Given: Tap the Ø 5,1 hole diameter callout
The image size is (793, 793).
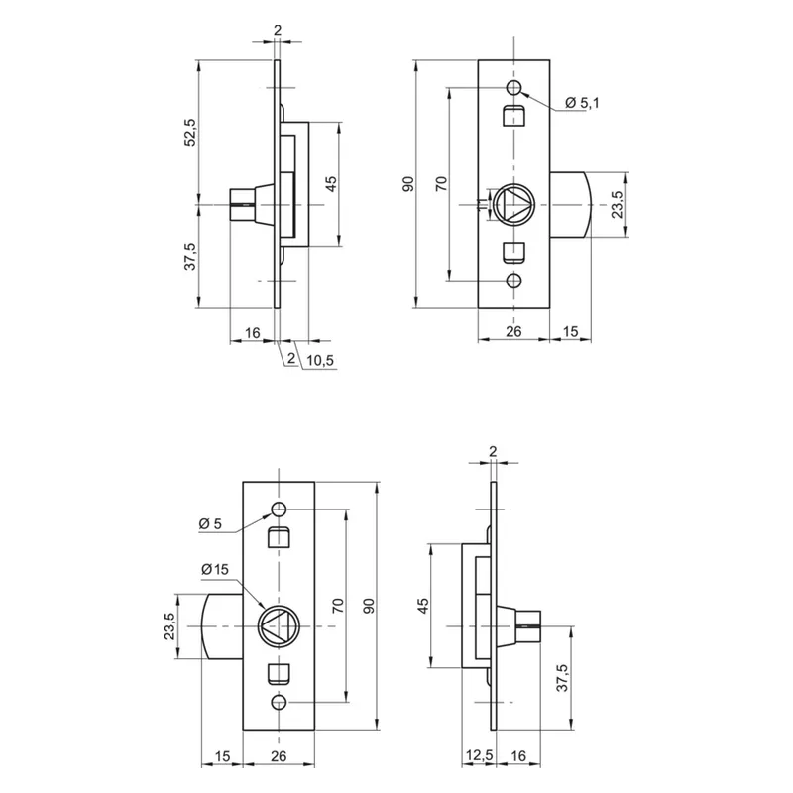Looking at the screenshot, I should pos(583,103).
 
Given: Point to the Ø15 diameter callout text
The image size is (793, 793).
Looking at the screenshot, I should pos(214,568).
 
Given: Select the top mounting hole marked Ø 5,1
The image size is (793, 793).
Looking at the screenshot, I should pos(513,86).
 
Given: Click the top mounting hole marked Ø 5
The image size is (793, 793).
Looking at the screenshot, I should pos(279,510).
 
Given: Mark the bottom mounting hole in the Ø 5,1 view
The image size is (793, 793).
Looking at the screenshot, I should pos(513,281).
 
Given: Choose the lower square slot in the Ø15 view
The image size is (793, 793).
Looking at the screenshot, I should pos(279,675).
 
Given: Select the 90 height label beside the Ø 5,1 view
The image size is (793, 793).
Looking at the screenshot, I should pos(408,184).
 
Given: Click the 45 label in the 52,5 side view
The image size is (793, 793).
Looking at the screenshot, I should pos(331,183).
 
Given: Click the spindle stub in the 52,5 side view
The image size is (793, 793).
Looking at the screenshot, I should pos(244,204).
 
